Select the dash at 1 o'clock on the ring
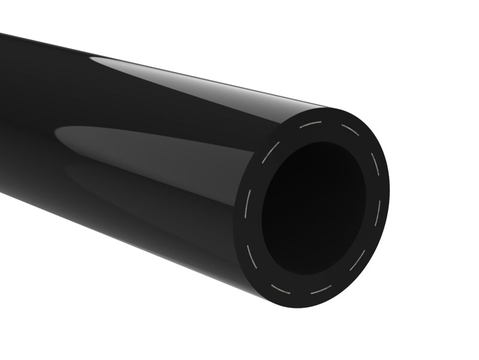point(350,129)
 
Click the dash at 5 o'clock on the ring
point(357,261)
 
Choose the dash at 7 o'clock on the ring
point(280,289)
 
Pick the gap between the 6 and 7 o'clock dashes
point(301,292)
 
